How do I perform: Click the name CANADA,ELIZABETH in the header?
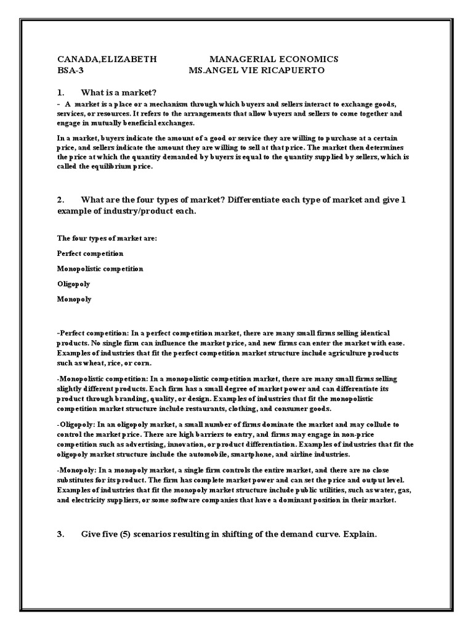click(107, 59)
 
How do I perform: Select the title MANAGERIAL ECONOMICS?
click(274, 59)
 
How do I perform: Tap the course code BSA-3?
click(70, 71)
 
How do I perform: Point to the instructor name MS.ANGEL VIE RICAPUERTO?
click(256, 71)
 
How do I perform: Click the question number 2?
click(60, 201)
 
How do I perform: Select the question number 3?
click(60, 534)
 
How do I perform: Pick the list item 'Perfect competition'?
click(90, 253)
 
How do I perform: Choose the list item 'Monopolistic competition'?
click(100, 268)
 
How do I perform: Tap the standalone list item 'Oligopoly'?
click(74, 284)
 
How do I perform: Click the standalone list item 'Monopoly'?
click(74, 299)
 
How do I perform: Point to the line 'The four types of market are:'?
click(107, 237)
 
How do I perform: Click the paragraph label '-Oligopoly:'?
click(77, 425)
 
